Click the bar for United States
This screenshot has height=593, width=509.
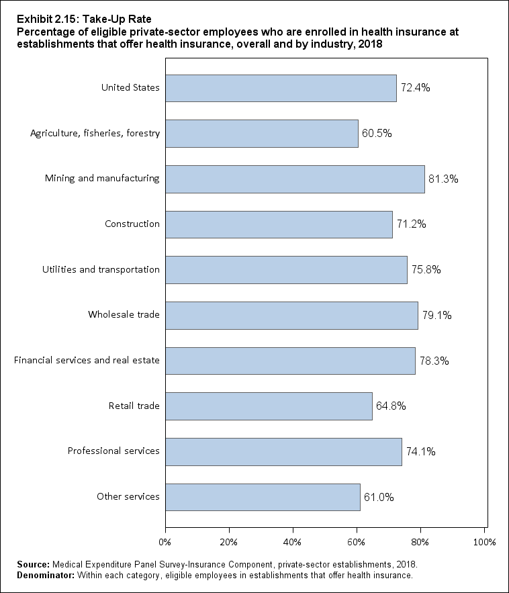point(281,88)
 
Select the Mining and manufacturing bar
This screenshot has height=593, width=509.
point(295,179)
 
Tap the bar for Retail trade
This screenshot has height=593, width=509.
point(269,406)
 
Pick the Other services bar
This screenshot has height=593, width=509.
point(263,497)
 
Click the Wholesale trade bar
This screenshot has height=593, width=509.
point(291,315)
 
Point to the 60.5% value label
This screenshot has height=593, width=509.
point(377,133)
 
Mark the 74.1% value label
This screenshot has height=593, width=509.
point(421,451)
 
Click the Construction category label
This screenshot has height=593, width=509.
point(132,224)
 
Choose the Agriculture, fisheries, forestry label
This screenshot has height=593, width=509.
point(95,133)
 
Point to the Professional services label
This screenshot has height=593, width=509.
point(113,451)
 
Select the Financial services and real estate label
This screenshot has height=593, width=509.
point(87,361)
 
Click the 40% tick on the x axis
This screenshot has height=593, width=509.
point(293,541)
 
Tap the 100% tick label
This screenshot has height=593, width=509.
point(484,541)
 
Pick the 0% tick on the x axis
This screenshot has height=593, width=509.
point(165,541)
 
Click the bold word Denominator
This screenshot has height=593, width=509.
point(38,575)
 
